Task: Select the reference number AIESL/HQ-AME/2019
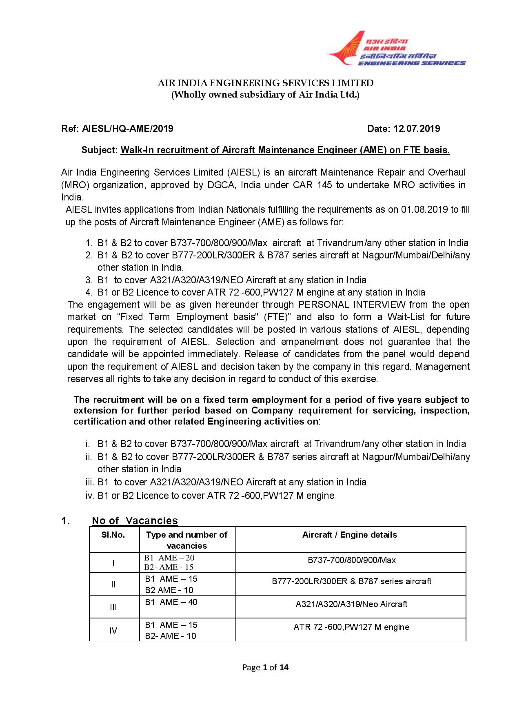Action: click(128, 129)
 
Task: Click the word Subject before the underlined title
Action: click(99, 150)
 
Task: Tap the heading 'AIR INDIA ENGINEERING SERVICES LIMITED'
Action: click(266, 83)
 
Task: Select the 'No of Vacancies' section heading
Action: click(135, 520)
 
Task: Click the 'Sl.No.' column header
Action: click(113, 535)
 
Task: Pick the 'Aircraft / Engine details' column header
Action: click(350, 535)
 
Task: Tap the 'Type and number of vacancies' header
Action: click(186, 540)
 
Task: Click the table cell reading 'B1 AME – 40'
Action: click(171, 602)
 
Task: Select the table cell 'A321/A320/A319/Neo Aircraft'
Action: click(351, 604)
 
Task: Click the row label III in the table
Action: click(113, 607)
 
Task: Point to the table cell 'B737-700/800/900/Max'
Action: click(351, 560)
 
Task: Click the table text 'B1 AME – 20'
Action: click(169, 558)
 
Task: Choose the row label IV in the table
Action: click(113, 631)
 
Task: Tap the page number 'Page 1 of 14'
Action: click(265, 667)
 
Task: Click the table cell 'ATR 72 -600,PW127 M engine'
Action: click(351, 627)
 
